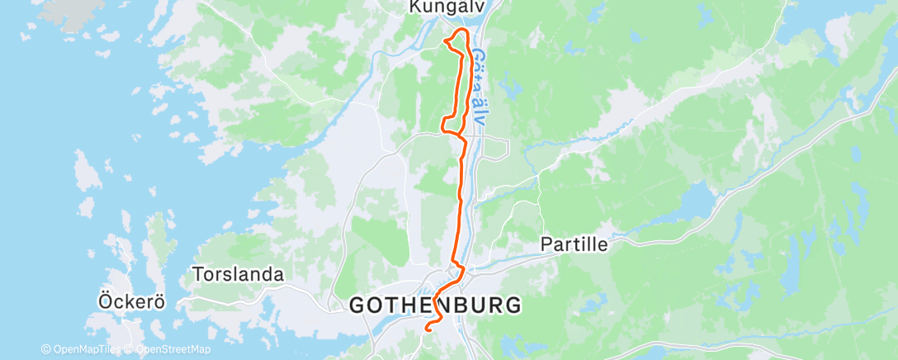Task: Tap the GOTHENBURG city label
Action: tap(435, 305)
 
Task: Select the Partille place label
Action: tap(574, 244)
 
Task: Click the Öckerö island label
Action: tap(129, 301)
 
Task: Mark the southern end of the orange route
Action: tap(427, 329)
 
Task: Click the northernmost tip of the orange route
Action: tap(462, 30)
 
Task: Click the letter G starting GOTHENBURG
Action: tap(357, 306)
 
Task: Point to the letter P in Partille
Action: tap(546, 244)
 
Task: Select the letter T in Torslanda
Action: tap(196, 273)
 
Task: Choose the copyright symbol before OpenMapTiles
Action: tap(45, 350)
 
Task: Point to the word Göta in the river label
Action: tap(479, 69)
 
